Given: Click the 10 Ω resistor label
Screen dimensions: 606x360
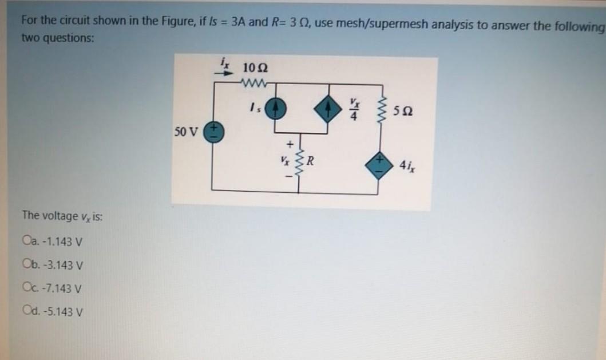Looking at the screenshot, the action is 252,68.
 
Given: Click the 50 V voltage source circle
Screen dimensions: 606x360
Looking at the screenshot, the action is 215,134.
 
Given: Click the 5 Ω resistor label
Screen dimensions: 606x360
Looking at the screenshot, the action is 404,112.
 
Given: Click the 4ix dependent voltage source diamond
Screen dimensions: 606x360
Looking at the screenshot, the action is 379,161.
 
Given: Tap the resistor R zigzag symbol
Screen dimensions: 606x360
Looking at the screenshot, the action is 298,162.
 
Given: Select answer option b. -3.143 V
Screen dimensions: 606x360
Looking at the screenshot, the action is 27,265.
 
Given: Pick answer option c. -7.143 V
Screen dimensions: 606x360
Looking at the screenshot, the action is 27,288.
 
